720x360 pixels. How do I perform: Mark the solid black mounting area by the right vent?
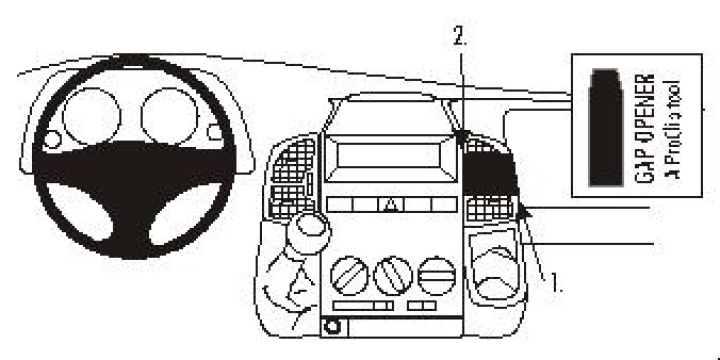pos(490,174)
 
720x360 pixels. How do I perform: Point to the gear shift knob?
pos(307,233)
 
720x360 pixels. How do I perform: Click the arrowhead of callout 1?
pos(522,209)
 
